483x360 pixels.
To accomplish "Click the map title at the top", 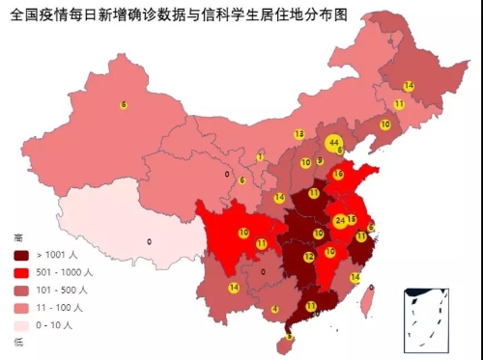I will click(x=179, y=16).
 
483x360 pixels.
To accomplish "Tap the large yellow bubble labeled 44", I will click(x=333, y=143).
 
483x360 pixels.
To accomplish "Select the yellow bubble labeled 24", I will click(x=339, y=220).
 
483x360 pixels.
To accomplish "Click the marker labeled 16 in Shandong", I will click(x=338, y=175).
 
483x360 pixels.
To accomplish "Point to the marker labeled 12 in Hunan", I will click(x=308, y=258).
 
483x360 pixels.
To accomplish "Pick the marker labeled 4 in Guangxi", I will click(x=275, y=309).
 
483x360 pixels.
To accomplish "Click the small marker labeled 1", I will click(x=260, y=156).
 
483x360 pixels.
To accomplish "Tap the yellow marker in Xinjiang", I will click(x=124, y=104).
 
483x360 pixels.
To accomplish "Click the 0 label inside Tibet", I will click(x=149, y=241).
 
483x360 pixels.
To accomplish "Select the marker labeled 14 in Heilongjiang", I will click(x=409, y=86).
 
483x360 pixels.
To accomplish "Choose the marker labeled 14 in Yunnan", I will click(x=234, y=288).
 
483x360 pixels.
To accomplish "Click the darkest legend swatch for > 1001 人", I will click(x=20, y=256).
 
